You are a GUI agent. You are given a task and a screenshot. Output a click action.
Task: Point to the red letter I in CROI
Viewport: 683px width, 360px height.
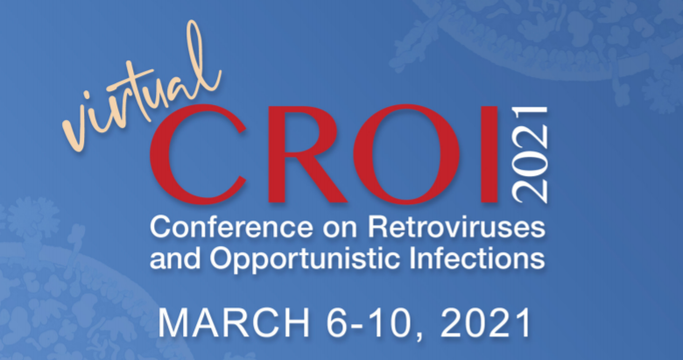(489, 155)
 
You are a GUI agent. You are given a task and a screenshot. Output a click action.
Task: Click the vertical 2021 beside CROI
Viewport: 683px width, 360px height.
(531, 155)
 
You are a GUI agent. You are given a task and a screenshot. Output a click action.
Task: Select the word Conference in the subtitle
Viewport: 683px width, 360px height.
(231, 228)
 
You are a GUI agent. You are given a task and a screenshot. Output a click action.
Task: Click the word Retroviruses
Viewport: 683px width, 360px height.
(456, 228)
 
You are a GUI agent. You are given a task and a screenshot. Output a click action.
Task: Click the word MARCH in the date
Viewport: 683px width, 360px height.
(234, 323)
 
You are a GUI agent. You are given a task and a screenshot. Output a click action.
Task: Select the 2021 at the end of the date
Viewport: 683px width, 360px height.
(486, 323)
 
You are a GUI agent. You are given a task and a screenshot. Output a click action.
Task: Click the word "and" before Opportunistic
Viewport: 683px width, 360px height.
(175, 258)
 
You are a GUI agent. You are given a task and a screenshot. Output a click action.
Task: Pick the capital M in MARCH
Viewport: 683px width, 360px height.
(173, 323)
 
